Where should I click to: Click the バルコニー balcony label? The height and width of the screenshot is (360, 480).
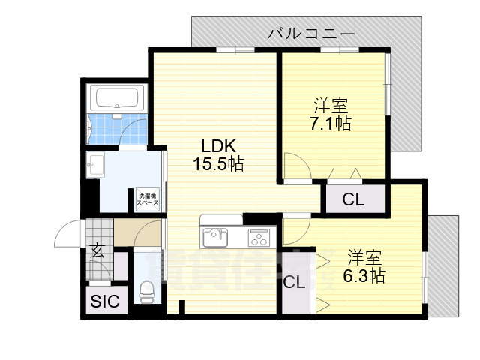311,33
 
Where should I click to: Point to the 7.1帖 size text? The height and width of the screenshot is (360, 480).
331,124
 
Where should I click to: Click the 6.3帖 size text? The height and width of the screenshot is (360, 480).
365,276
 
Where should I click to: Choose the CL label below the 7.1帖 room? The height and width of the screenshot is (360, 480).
353,199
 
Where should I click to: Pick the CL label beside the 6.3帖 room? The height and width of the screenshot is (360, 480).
295,283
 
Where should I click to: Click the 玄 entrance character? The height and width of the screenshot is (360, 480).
98,251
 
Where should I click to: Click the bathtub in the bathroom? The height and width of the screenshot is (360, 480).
116,98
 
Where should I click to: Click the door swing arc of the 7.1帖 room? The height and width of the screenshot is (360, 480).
294,166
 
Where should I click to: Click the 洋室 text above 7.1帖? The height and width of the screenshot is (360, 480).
331,105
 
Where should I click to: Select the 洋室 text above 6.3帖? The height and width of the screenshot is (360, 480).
365,258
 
